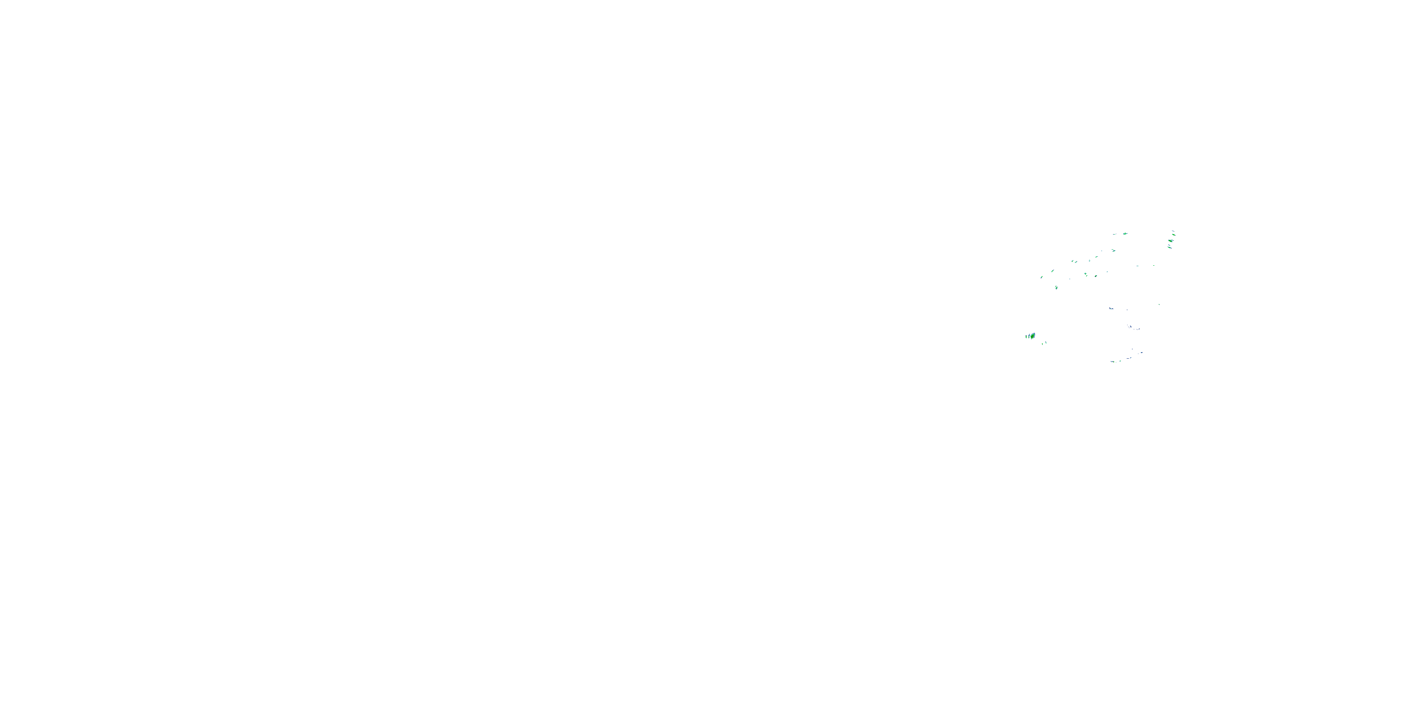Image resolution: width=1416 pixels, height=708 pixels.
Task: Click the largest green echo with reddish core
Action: pyautogui.click(x=1033, y=337)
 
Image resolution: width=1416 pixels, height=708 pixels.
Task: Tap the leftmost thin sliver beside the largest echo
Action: pyautogui.click(x=1026, y=337)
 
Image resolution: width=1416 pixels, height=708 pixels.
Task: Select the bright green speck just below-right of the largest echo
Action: pyautogui.click(x=1043, y=344)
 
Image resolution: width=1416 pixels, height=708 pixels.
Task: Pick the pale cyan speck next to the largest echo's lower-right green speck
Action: pyautogui.click(x=1046, y=343)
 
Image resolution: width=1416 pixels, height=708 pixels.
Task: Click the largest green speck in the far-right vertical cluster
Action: pyautogui.click(x=1171, y=241)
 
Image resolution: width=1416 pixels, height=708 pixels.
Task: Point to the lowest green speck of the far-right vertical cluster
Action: pyautogui.click(x=1170, y=248)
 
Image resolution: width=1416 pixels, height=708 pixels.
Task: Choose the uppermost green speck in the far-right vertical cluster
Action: pyautogui.click(x=1174, y=235)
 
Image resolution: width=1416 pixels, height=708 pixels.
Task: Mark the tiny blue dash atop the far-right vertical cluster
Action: pyautogui.click(x=1173, y=231)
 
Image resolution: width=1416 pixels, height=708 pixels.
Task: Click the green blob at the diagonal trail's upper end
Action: pyautogui.click(x=1125, y=234)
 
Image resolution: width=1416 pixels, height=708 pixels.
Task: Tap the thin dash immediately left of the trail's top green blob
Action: pyautogui.click(x=1114, y=235)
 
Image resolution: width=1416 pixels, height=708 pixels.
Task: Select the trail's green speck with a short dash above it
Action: pyautogui.click(x=1114, y=251)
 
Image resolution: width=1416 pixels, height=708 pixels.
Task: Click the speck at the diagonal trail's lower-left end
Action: pyautogui.click(x=1042, y=278)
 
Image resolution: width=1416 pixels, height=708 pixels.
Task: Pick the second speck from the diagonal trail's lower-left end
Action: pyautogui.click(x=1053, y=271)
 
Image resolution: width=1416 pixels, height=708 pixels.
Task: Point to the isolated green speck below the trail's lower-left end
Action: pyautogui.click(x=1056, y=288)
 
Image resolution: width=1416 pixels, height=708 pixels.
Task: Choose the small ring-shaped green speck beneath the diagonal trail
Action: pyautogui.click(x=1096, y=277)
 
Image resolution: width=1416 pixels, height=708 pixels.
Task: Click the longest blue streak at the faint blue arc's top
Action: pyautogui.click(x=1112, y=308)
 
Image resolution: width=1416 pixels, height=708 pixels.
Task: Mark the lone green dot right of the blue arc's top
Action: pyautogui.click(x=1159, y=304)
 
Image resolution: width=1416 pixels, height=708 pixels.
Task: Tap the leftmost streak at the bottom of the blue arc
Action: pyautogui.click(x=1113, y=362)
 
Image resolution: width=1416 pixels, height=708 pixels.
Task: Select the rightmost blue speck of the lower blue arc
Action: pyautogui.click(x=1142, y=353)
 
